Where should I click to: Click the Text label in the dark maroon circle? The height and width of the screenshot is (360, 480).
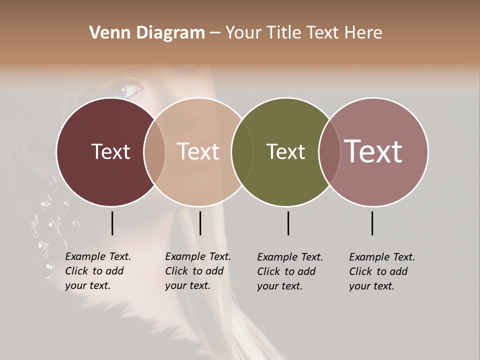[x=110, y=151]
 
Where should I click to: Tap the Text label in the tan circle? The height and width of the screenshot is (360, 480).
[x=198, y=151]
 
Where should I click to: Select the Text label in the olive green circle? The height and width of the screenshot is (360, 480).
[x=285, y=151]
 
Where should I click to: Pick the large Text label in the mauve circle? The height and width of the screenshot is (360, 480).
[x=373, y=151]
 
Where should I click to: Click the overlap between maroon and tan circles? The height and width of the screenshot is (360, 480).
[x=154, y=151]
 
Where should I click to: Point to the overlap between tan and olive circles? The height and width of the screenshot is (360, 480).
[x=242, y=151]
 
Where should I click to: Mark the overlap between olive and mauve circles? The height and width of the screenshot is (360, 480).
[x=328, y=151]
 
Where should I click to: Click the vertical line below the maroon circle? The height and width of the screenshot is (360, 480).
[x=112, y=223]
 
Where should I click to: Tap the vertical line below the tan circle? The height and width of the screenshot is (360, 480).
[x=200, y=223]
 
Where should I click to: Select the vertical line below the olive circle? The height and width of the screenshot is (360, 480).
[x=288, y=223]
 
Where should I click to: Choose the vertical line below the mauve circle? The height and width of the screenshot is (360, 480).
[x=372, y=223]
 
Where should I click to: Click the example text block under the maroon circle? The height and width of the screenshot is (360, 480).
[x=97, y=271]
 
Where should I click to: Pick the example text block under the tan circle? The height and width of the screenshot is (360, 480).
[x=197, y=271]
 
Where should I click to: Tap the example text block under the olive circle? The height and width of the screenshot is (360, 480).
[x=289, y=271]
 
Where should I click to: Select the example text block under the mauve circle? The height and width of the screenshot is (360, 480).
[x=381, y=271]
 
